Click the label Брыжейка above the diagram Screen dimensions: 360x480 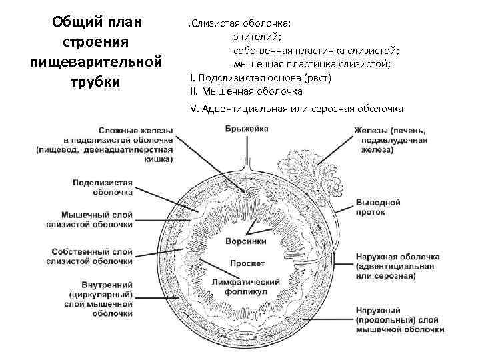pos(246,129)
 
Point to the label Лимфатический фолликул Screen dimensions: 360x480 pos(245,285)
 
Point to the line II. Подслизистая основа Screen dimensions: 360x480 pos(259,77)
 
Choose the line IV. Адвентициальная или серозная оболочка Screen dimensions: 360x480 pos(296,109)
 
